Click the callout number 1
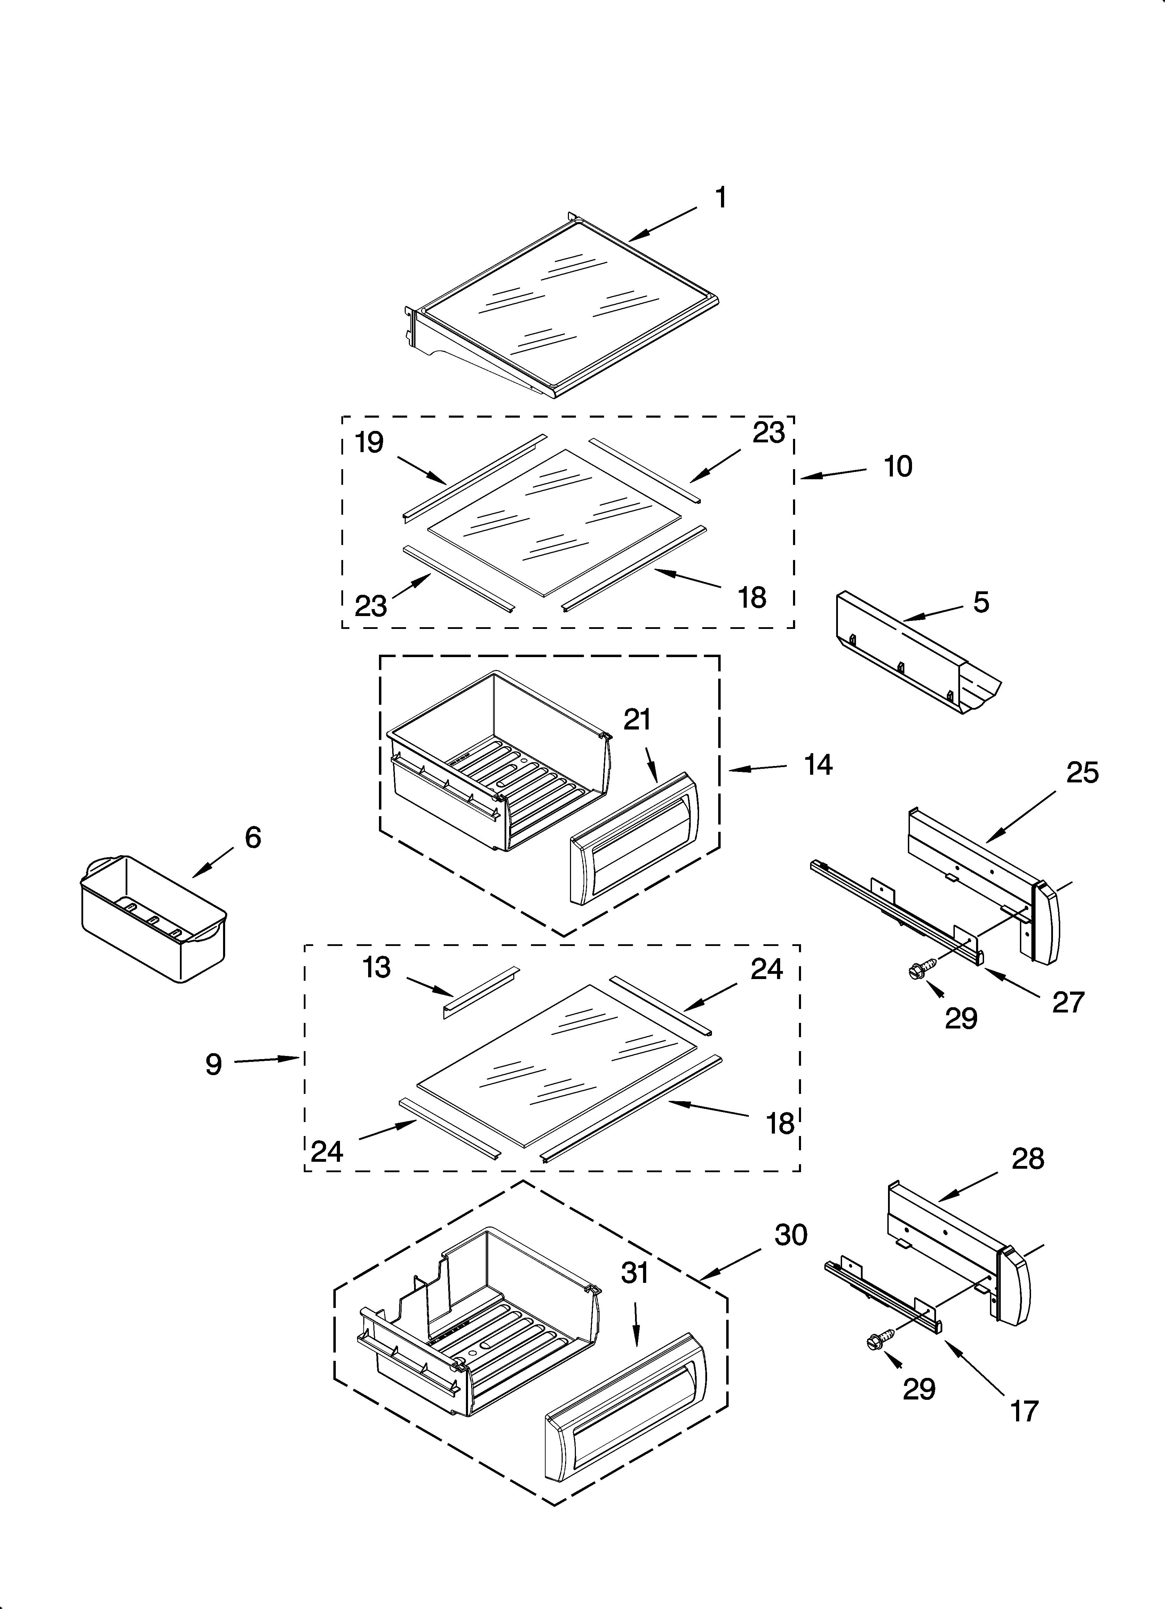tap(720, 198)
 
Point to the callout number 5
tap(981, 602)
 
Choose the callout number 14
tap(818, 765)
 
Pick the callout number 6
tap(253, 838)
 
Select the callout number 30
tap(790, 1235)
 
